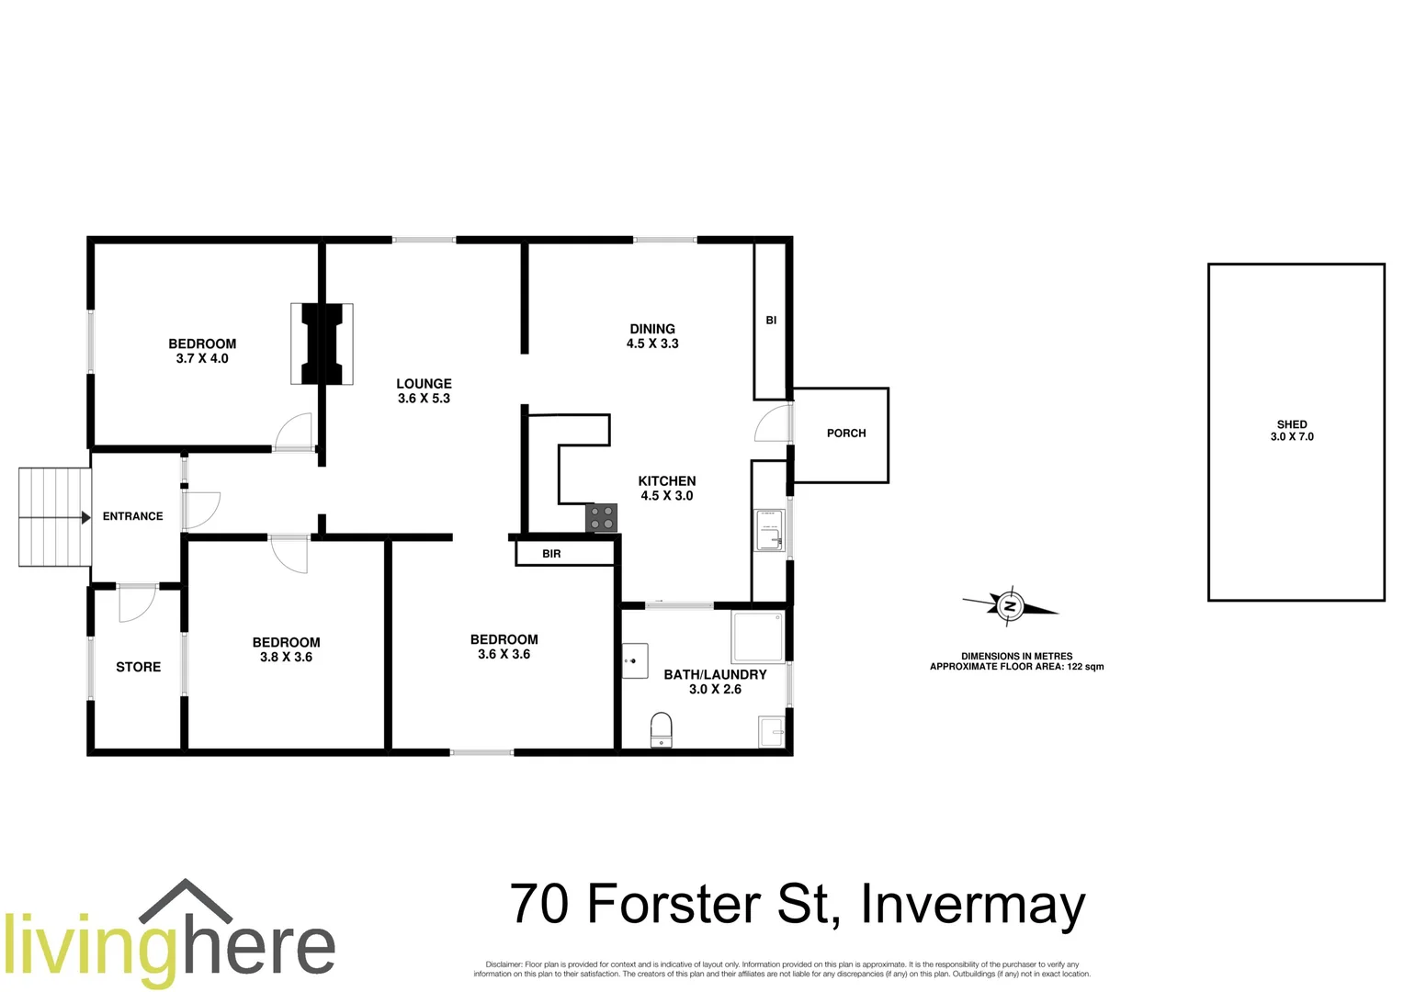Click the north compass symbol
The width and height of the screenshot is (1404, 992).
(x=1010, y=606)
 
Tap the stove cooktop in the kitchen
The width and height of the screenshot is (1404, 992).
(x=602, y=518)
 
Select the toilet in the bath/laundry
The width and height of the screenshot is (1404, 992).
(x=661, y=729)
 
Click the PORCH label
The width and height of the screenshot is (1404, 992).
(x=846, y=434)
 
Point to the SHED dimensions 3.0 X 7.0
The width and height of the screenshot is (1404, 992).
(x=1292, y=437)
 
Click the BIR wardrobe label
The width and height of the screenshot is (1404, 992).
(x=551, y=554)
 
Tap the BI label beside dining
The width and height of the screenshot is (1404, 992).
(x=771, y=321)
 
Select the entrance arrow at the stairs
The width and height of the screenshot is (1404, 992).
(x=85, y=518)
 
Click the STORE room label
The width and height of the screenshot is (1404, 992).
(x=138, y=668)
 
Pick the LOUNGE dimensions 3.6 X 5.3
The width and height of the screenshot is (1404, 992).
(x=424, y=399)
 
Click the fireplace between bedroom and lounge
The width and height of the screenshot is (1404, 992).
(x=322, y=344)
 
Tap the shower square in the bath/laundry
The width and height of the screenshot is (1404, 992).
(x=758, y=637)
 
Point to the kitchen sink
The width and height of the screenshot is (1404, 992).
(x=769, y=531)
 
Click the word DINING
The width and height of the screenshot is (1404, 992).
(x=652, y=329)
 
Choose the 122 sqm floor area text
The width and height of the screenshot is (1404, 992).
(x=1085, y=667)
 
